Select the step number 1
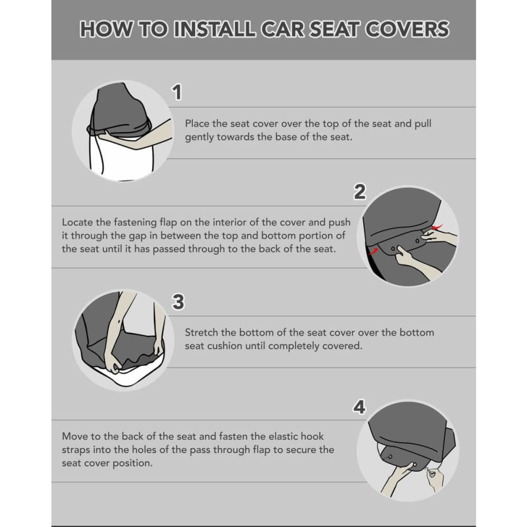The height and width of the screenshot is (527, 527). (x=178, y=93)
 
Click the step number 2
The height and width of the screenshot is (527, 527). (x=359, y=193)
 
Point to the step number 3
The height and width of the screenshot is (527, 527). (x=178, y=302)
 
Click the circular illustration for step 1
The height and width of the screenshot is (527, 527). (x=123, y=132)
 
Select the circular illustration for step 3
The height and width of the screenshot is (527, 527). (x=120, y=341)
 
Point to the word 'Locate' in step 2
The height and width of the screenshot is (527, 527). (x=77, y=222)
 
